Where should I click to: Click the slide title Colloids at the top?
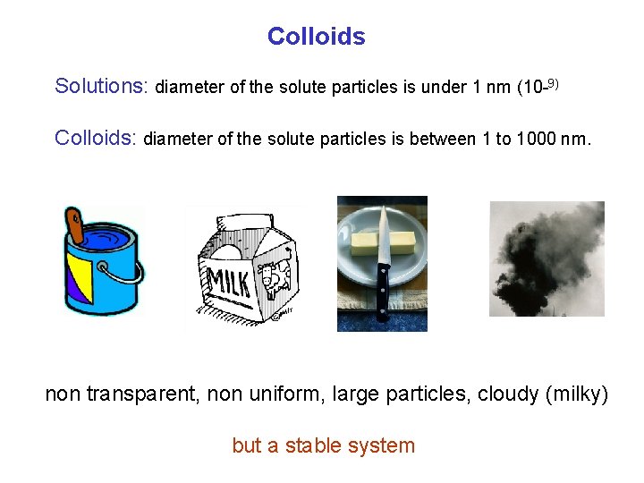click(x=316, y=37)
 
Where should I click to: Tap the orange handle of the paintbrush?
click(x=75, y=224)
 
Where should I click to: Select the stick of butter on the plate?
click(x=383, y=242)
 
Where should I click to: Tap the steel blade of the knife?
click(x=383, y=235)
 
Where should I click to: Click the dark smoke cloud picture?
click(x=547, y=258)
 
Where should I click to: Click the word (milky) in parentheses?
click(x=576, y=394)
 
